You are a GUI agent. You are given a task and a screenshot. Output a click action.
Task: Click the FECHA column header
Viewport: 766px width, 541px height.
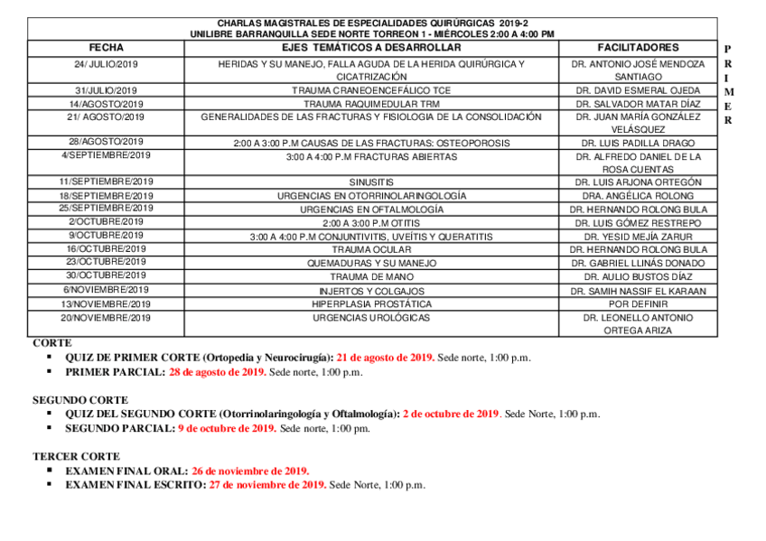click(x=107, y=47)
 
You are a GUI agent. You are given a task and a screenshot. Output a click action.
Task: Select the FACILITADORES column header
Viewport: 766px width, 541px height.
click(x=638, y=47)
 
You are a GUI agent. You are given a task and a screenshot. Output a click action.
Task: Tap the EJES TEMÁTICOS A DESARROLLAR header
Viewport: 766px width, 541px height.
click(x=371, y=47)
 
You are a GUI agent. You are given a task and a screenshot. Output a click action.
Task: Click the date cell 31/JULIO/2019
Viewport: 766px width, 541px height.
click(x=107, y=90)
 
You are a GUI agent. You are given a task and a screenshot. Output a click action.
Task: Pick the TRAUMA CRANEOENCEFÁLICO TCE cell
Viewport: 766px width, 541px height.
click(x=371, y=91)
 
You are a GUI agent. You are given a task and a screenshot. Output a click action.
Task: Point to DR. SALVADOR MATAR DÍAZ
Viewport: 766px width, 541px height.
click(x=638, y=105)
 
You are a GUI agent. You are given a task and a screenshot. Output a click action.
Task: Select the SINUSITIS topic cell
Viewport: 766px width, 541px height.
click(x=371, y=182)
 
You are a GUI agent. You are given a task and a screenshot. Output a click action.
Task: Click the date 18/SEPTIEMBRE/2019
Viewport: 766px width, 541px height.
click(x=107, y=196)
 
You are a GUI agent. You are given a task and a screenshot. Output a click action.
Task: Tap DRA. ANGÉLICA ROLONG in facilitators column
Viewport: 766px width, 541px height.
click(x=638, y=196)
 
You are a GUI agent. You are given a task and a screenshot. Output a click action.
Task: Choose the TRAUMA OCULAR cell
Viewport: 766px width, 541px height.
click(x=371, y=249)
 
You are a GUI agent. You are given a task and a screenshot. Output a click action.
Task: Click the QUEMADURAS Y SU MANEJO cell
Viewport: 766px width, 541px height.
click(x=371, y=263)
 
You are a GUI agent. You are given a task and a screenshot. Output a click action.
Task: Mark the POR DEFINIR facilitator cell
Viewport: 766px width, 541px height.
click(x=638, y=304)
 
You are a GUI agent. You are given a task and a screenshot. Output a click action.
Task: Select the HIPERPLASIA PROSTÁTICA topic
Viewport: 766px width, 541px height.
click(x=371, y=304)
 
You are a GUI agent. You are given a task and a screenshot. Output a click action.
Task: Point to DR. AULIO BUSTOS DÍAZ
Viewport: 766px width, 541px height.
click(x=638, y=276)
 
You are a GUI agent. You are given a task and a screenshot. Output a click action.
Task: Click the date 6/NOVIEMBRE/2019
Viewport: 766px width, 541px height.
click(x=107, y=290)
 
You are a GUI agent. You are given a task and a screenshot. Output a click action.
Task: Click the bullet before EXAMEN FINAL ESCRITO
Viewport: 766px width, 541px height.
click(x=51, y=485)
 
